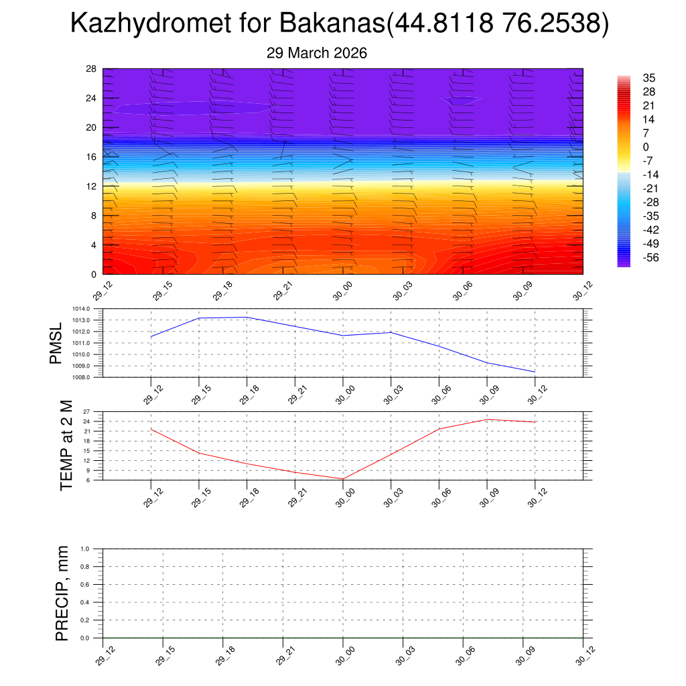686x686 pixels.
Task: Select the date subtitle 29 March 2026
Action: (317, 53)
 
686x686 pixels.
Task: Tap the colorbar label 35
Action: (648, 78)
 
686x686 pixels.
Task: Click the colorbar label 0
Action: (646, 147)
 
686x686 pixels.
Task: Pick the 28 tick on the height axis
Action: (92, 69)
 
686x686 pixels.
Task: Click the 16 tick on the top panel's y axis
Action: (92, 157)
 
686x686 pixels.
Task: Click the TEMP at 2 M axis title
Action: (66, 445)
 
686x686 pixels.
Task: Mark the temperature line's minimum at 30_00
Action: (343, 479)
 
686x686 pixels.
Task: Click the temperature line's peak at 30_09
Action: (487, 419)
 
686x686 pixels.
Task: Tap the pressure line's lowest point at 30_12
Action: (535, 372)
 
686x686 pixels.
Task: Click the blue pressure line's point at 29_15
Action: (199, 318)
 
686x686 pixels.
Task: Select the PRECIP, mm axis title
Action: (62, 593)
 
